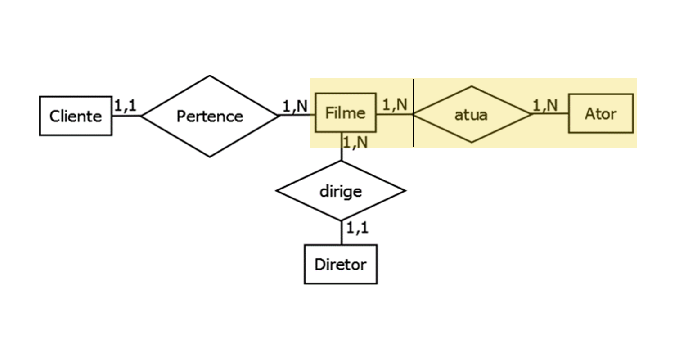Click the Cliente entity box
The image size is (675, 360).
[x=76, y=116]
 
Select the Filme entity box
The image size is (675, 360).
[x=345, y=112]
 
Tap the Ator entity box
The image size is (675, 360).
[x=601, y=113]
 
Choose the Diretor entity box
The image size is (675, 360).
[x=341, y=264]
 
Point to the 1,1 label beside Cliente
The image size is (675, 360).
[x=125, y=106]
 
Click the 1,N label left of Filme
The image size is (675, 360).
[x=295, y=106]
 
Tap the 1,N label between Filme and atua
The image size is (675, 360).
[x=395, y=104]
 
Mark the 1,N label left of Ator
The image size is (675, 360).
[x=545, y=105]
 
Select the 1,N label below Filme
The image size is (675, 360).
[x=355, y=142]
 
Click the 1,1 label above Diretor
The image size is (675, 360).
[x=357, y=228]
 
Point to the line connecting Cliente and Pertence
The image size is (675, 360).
[x=126, y=116]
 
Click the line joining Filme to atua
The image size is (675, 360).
[x=394, y=114]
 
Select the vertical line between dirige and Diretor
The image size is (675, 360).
[x=342, y=233]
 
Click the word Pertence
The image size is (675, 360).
[x=210, y=116]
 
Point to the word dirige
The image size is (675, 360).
[x=341, y=191]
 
